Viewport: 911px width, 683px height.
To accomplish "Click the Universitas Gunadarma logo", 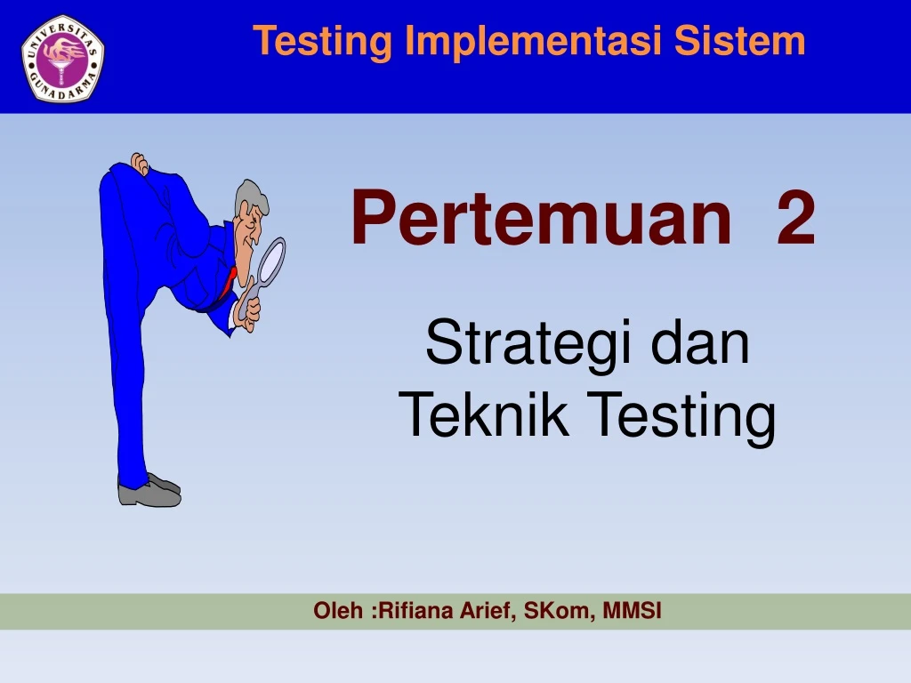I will tap(62, 58).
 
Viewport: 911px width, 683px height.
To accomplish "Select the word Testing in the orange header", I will tap(322, 41).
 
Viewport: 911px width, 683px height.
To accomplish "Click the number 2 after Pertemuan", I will tap(795, 220).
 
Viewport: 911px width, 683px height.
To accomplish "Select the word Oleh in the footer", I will tap(338, 611).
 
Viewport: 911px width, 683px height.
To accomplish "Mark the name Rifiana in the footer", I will tap(409, 611).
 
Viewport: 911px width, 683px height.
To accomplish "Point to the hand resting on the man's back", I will tap(139, 163).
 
